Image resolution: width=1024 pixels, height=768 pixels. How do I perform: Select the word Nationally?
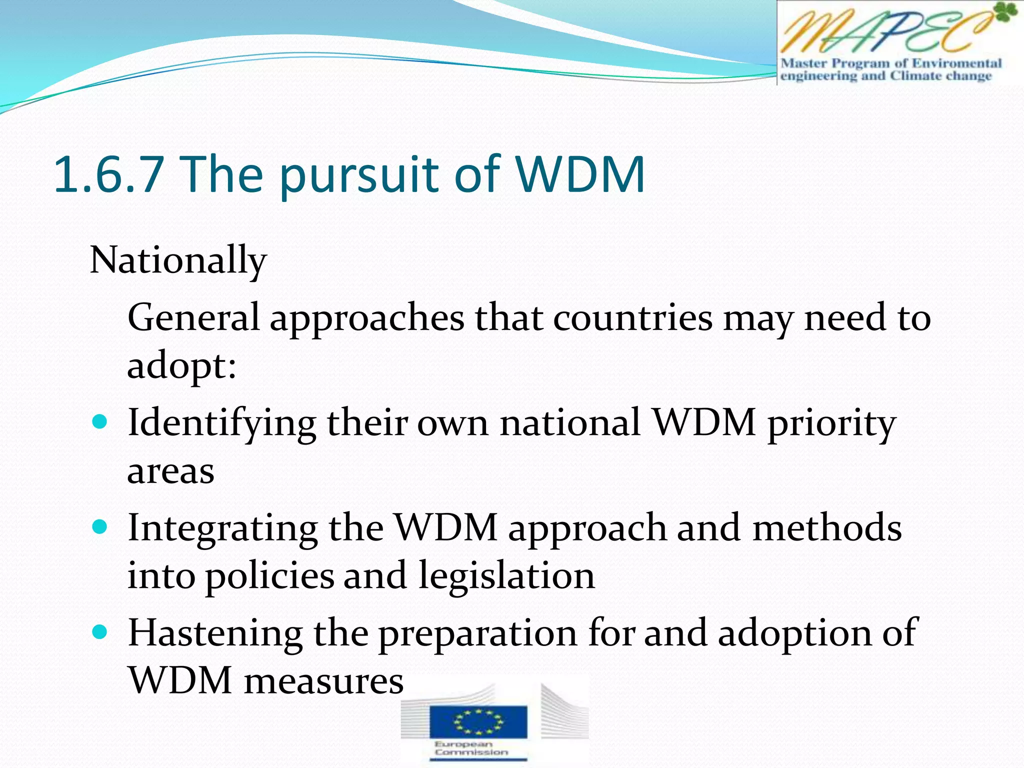(178, 261)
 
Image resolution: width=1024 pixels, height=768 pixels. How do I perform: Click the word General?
(193, 317)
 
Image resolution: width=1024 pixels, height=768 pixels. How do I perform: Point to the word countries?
(632, 317)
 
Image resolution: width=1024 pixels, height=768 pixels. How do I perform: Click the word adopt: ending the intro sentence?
(181, 366)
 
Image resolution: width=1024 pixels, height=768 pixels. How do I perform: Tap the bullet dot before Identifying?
(100, 422)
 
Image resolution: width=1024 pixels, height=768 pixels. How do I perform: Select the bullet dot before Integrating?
(100, 527)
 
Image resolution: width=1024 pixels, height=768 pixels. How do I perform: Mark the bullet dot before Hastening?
(100, 632)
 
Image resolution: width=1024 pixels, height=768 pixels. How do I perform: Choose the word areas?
(170, 471)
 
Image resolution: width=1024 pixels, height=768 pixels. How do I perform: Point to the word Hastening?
(215, 633)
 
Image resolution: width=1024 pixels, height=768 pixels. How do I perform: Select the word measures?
(323, 681)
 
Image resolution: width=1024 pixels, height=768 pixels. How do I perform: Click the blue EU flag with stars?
(478, 720)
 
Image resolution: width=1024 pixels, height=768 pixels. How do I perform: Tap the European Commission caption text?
(470, 748)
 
